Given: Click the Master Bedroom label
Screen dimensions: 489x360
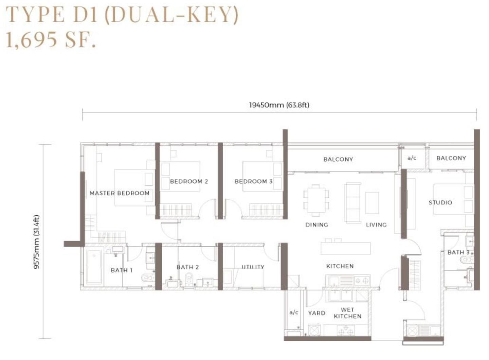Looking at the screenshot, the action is click(x=120, y=193).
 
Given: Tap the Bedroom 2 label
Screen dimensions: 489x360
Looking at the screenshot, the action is click(x=189, y=181).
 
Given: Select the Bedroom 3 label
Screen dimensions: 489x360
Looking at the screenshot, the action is click(x=253, y=181).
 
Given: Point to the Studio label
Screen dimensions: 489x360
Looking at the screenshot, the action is click(x=440, y=202).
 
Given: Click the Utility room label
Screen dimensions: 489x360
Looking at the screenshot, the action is click(x=253, y=267).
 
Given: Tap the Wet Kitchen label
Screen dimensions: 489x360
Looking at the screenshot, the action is click(x=347, y=313).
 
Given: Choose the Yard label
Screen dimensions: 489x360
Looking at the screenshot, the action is click(x=316, y=313).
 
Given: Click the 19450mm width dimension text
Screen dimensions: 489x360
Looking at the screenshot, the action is click(x=279, y=105).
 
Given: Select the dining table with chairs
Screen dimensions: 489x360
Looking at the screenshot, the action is click(x=316, y=200).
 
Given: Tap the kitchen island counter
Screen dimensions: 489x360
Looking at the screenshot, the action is click(x=345, y=248).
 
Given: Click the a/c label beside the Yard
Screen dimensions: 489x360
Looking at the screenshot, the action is click(x=294, y=312).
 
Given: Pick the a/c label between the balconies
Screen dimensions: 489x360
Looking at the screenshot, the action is click(x=412, y=158).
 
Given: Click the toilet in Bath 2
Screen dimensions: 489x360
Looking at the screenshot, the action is click(x=188, y=280).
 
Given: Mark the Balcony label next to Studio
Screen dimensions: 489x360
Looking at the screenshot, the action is click(x=451, y=158).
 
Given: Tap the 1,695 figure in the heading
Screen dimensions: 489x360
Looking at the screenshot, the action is click(x=32, y=40).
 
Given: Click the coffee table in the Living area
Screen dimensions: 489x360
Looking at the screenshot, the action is click(x=372, y=203).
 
